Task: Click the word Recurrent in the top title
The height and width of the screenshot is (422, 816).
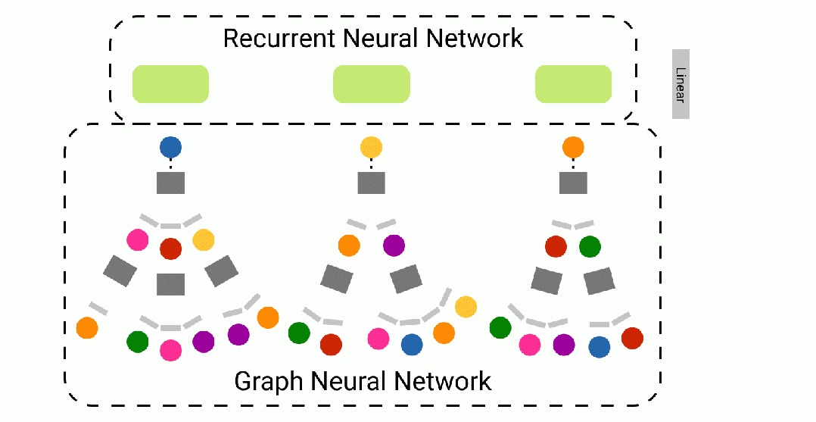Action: [x=279, y=38]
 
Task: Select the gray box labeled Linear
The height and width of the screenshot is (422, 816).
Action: [x=681, y=84]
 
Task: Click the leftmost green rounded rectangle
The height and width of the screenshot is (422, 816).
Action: [x=171, y=84]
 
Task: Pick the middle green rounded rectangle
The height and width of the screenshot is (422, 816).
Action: [x=372, y=84]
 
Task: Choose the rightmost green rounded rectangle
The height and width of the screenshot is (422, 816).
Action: [x=574, y=84]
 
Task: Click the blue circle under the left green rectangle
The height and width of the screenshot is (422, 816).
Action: [x=171, y=148]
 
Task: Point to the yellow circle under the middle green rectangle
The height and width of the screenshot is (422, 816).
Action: [x=372, y=148]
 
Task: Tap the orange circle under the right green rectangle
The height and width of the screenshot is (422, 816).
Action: [x=574, y=148]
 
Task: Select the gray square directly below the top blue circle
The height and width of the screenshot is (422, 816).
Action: [x=171, y=183]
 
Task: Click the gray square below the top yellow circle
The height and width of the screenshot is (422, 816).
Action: [x=372, y=183]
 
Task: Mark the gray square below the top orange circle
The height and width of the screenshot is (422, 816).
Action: [x=574, y=183]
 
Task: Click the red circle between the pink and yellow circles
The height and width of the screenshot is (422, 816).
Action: [x=171, y=249]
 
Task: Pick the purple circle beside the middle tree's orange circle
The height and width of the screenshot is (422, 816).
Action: [x=394, y=245]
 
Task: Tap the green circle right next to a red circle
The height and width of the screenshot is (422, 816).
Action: [x=590, y=246]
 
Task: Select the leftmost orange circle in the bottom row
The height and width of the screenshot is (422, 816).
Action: [x=88, y=328]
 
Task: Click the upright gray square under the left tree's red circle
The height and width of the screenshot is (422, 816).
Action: [x=171, y=284]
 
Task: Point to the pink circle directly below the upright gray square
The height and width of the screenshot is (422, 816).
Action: [x=171, y=350]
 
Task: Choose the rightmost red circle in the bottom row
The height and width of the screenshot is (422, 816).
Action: [x=632, y=338]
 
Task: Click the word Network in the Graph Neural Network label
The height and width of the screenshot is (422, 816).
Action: [x=442, y=381]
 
